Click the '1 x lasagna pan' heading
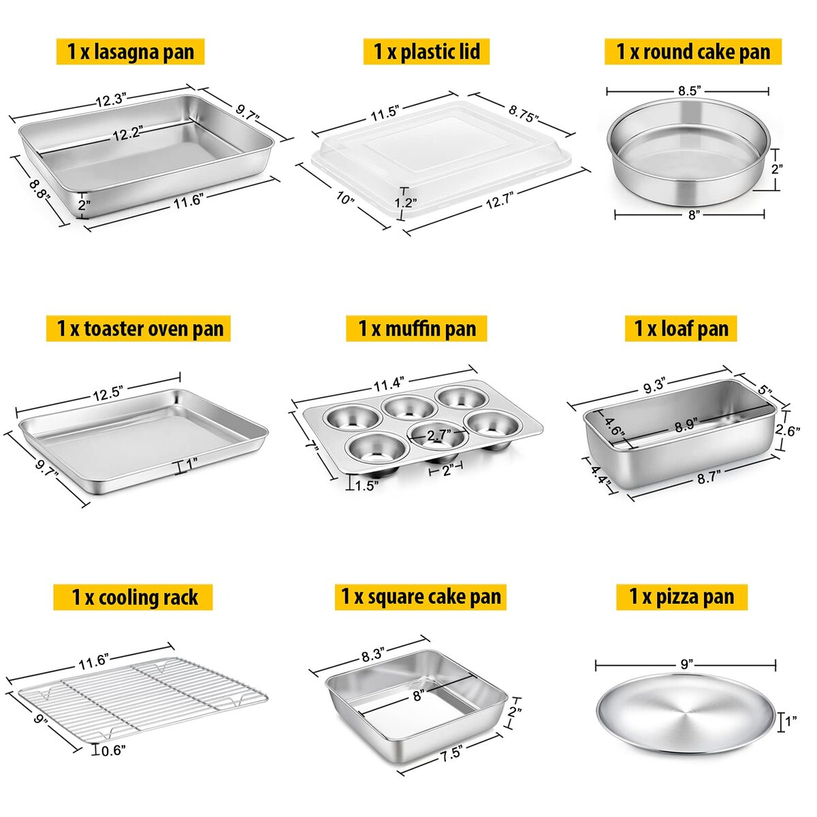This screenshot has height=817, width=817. click(131, 52)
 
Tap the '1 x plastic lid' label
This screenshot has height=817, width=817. click(426, 52)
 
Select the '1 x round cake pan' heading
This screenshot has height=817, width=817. click(693, 52)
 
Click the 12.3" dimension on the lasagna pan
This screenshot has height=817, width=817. click(111, 100)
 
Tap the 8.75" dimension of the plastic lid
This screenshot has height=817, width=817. click(524, 113)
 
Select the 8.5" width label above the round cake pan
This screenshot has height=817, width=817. click(690, 91)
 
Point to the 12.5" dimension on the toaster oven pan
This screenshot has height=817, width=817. click(108, 394)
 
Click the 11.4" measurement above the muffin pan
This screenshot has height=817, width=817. click(387, 384)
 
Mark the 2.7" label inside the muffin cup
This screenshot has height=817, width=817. click(439, 435)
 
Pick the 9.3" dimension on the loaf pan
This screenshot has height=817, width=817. click(653, 386)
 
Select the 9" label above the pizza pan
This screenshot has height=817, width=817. click(686, 664)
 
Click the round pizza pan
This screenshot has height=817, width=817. click(686, 713)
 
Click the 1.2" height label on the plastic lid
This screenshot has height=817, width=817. click(405, 202)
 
